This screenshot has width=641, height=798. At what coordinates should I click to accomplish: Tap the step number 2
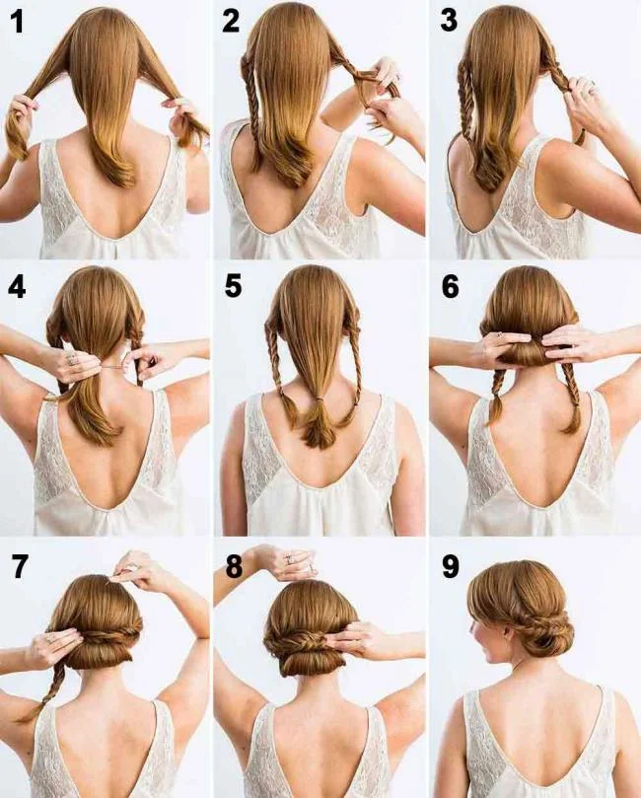point(232,22)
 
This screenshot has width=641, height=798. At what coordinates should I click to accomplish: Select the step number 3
point(449,22)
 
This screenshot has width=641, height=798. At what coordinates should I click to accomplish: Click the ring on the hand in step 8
point(290,559)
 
